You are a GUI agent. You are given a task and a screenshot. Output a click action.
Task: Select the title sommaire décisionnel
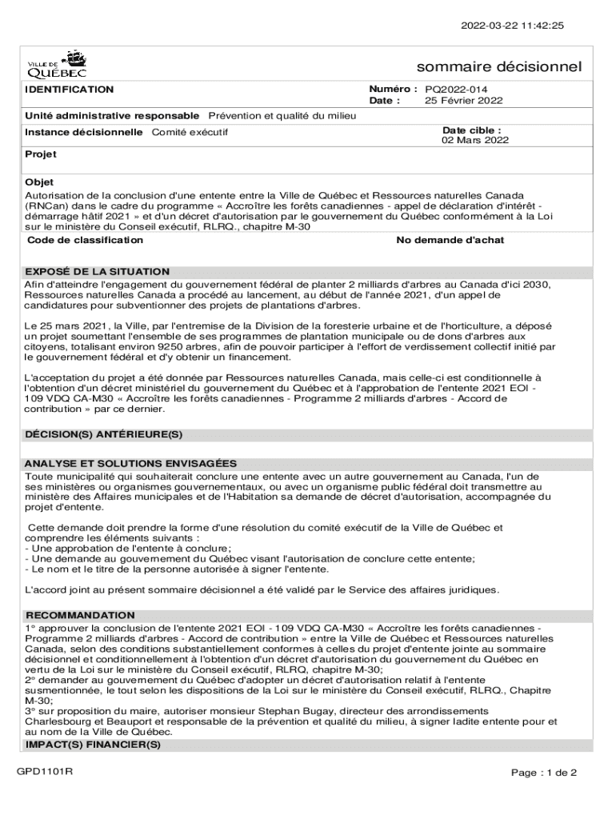pyautogui.click(x=499, y=66)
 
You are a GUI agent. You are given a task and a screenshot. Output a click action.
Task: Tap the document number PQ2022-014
pyautogui.click(x=456, y=90)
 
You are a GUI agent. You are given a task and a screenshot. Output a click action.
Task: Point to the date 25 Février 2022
pyautogui.click(x=463, y=101)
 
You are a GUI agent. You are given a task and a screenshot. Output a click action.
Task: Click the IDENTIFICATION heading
pyautogui.click(x=70, y=90)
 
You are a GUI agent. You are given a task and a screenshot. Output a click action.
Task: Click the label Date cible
pyautogui.click(x=472, y=130)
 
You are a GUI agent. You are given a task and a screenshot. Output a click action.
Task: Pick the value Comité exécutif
pyautogui.click(x=190, y=132)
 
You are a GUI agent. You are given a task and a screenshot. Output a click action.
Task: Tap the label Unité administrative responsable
pyautogui.click(x=112, y=115)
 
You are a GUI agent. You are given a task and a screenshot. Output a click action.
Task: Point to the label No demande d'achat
pyautogui.click(x=450, y=240)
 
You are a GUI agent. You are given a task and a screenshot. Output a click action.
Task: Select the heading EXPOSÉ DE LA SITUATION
pyautogui.click(x=97, y=271)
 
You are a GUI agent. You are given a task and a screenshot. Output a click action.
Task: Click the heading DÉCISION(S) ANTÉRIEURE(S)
pyautogui.click(x=104, y=434)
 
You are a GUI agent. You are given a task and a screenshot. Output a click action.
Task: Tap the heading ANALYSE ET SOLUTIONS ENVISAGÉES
pyautogui.click(x=130, y=463)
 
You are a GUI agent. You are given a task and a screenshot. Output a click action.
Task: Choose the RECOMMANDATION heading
pyautogui.click(x=80, y=615)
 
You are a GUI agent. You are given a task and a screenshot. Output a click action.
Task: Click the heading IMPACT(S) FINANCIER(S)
pyautogui.click(x=93, y=745)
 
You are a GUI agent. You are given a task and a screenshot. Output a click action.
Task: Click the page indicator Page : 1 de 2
pyautogui.click(x=544, y=773)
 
